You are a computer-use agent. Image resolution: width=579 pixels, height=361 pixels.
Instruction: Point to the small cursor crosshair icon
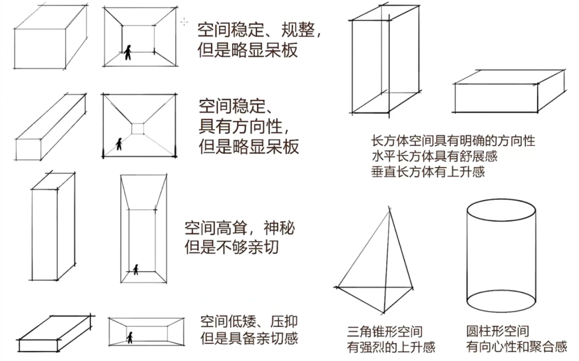pyautogui.click(x=184, y=21)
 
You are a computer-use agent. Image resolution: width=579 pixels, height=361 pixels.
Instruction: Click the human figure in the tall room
pyautogui.click(x=136, y=269)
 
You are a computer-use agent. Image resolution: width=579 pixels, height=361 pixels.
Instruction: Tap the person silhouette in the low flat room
pyautogui.click(x=130, y=337)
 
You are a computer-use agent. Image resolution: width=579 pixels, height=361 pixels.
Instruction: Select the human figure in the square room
pyautogui.click(x=128, y=52)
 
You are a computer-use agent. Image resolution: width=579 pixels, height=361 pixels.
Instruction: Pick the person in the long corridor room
pyautogui.click(x=119, y=144)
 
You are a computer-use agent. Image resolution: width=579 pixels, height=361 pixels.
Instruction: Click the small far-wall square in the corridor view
pyautogui.click(x=138, y=128)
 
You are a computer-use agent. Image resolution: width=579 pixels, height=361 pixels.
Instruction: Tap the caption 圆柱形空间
pyautogui.click(x=498, y=331)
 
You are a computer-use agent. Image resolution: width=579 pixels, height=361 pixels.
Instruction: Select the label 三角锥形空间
pyautogui.click(x=384, y=332)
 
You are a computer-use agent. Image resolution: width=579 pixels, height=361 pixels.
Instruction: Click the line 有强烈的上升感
pyautogui.click(x=391, y=347)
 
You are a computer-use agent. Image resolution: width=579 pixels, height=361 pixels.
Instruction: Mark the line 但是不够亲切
pyautogui.click(x=232, y=247)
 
